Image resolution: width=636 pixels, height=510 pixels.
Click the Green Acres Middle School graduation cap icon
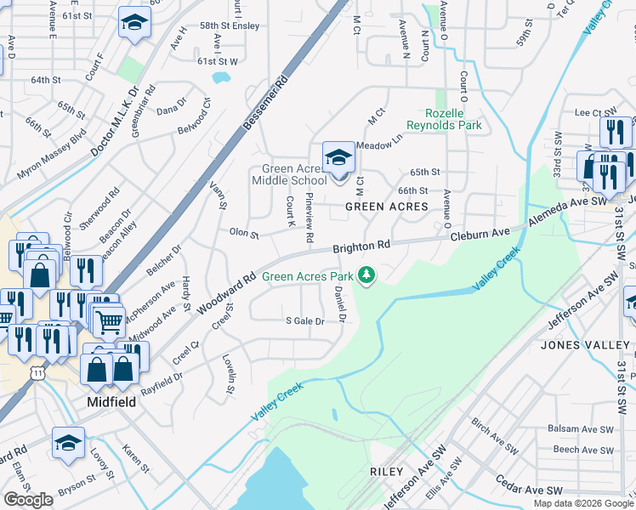click(338, 157)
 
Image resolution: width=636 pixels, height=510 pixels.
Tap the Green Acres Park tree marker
click(366, 275)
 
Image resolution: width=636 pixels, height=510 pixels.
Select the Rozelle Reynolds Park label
click(454, 119)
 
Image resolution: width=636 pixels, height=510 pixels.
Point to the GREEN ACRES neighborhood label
click(385, 207)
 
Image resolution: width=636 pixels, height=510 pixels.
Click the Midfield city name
click(112, 401)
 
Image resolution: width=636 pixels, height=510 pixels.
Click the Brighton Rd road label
click(361, 246)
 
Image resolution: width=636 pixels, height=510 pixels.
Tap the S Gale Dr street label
click(305, 321)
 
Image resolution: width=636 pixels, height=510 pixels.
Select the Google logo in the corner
click(28, 500)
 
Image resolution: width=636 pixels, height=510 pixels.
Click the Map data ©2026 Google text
click(582, 503)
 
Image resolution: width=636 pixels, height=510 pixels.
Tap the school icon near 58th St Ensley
click(133, 23)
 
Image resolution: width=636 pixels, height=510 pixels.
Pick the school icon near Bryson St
click(68, 443)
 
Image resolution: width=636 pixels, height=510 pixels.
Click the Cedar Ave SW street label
click(531, 491)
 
